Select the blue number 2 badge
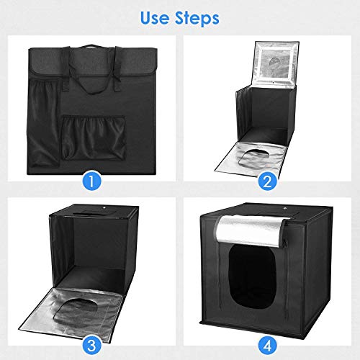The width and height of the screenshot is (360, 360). click(x=268, y=181)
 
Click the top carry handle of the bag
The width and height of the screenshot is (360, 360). click(x=91, y=51)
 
